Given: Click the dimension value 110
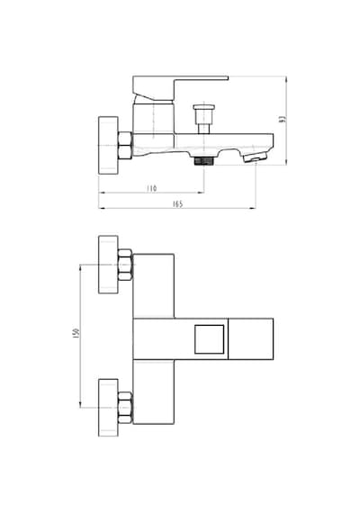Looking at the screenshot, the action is pos(151,188).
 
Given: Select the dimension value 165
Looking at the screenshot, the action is pos(177,203).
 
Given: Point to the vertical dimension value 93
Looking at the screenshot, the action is pos(283,119).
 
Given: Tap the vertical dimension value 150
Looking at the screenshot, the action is pos(76,333).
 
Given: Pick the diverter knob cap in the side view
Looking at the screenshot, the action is pos(204,107).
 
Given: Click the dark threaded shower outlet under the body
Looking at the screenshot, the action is pos(203,160).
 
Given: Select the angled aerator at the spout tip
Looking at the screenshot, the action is pos(256,157).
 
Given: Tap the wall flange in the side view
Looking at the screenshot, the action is pos(108,145).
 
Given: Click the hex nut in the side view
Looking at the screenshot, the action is pos(125,146).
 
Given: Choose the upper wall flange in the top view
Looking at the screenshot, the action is pos(108,265).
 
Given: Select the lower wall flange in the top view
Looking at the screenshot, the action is pos(108,408).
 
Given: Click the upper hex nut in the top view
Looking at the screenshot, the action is pos(125,265).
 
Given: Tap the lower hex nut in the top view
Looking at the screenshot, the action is pos(125,408).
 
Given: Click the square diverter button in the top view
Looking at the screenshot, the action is pos(210,339).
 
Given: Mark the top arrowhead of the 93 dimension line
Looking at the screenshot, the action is pos(286,79).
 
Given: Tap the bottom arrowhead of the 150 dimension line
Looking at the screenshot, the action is pos(80,405).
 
